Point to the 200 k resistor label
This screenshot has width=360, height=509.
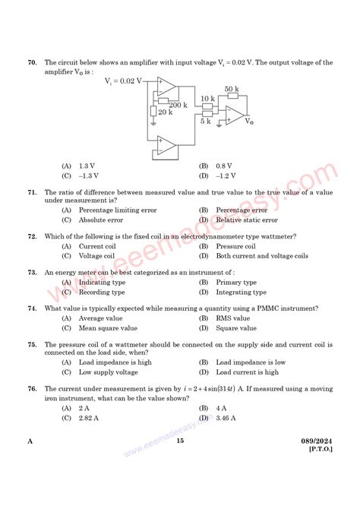pos(178,105)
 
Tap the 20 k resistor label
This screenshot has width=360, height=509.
pos(165,112)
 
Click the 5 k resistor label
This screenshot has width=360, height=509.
pos(205,122)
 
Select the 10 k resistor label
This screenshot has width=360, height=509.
pos(207,99)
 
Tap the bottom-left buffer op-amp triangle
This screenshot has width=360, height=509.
pos(165,145)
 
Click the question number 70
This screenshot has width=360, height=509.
pos(32,62)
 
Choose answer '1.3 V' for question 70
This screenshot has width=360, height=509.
pos(86,166)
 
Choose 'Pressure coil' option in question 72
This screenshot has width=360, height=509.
pos(238,246)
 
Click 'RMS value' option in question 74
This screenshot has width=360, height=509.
pos(235,318)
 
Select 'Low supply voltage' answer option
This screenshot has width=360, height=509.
pos(108,372)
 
